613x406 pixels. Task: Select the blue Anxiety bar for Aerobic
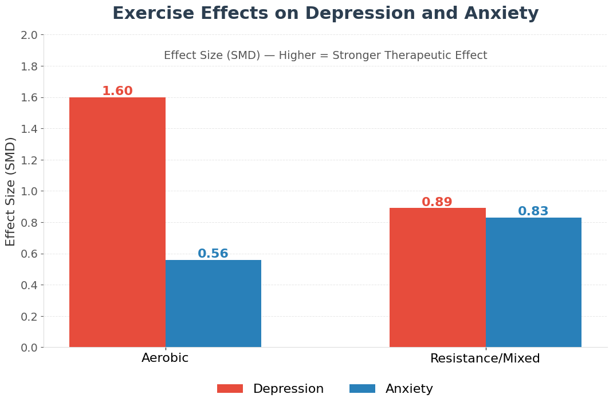(213, 303)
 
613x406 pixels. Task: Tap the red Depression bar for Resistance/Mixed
(437, 278)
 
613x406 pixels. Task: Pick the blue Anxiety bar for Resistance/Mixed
(533, 282)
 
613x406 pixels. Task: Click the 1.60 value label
(117, 91)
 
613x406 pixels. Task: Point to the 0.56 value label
(213, 254)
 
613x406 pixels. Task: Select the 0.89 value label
(437, 202)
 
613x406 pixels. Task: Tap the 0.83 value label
(533, 211)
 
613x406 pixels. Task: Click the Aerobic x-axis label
(165, 358)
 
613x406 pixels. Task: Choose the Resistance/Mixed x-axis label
(485, 358)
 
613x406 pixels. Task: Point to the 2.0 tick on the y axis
(29, 35)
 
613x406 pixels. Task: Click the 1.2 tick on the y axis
(29, 160)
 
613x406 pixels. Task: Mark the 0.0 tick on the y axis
(29, 348)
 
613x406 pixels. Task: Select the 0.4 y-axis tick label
(29, 285)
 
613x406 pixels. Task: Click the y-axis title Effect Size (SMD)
(11, 191)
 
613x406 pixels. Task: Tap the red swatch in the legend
(230, 389)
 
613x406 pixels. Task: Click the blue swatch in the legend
(362, 389)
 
